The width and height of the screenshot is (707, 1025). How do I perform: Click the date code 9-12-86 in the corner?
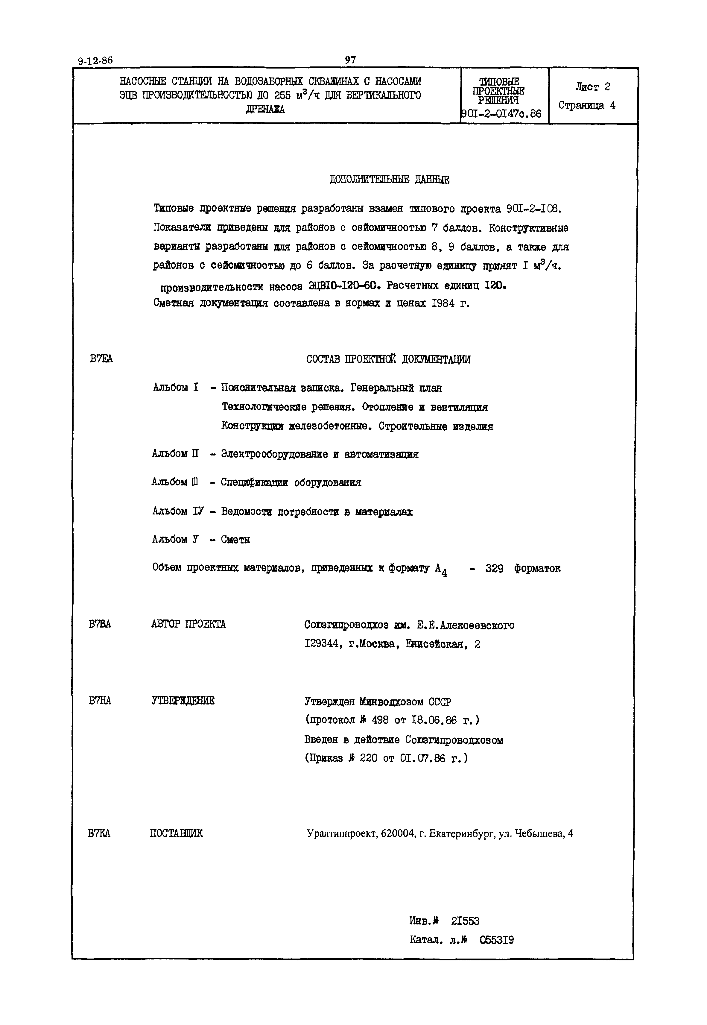pos(95,61)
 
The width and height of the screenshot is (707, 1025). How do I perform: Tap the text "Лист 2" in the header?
pos(592,87)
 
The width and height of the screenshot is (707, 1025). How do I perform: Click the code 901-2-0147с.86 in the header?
pos(501,114)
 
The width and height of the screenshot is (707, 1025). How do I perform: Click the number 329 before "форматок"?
pos(494,568)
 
